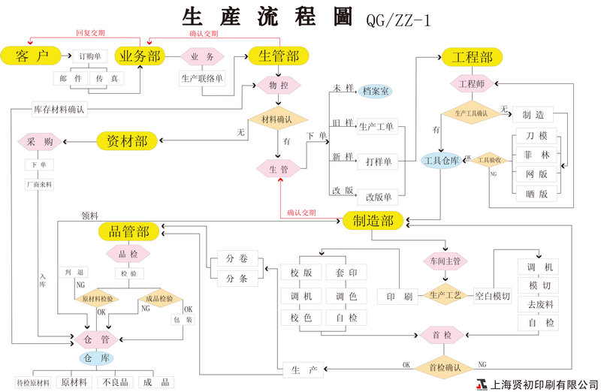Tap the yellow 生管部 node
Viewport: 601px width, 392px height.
pyautogui.click(x=279, y=56)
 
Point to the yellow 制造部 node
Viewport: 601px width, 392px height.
pyautogui.click(x=373, y=220)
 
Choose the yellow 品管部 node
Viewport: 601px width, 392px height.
pyautogui.click(x=128, y=232)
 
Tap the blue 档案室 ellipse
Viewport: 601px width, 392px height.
pyautogui.click(x=375, y=92)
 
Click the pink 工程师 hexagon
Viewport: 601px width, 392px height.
pyautogui.click(x=471, y=83)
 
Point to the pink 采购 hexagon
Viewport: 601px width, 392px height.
pyautogui.click(x=40, y=141)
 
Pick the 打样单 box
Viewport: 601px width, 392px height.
pyautogui.click(x=377, y=161)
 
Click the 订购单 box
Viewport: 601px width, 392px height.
pyautogui.click(x=89, y=56)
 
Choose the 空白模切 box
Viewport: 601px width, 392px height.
pyautogui.click(x=492, y=297)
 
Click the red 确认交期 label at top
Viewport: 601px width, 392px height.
pyautogui.click(x=204, y=34)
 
